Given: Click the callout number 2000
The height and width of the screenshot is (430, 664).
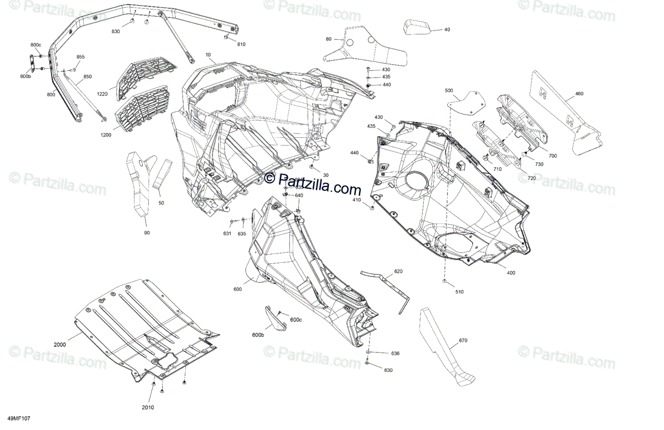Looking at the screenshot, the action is point(60,345).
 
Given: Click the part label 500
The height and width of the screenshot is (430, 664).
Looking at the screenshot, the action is point(448,90).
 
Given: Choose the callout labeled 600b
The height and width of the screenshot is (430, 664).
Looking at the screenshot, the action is point(258,335).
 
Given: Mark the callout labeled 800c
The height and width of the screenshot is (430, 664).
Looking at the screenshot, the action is point(35,44).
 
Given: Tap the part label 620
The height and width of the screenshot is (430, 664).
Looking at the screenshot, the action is point(398,272).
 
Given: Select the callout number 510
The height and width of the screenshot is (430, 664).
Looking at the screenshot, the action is point(459,292).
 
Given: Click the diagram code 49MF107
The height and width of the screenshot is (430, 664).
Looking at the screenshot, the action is point(19,419).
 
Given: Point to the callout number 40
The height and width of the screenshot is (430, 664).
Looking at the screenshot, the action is point(447,29).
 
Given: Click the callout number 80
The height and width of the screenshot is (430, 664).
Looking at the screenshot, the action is point(329,39).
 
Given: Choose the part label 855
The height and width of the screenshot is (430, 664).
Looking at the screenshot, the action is point(80,57).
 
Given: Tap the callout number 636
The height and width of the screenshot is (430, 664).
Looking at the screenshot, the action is point(395,353).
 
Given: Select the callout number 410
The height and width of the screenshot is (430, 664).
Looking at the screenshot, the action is point(356,200).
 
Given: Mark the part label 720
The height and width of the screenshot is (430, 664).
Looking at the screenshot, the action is point(531,178).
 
